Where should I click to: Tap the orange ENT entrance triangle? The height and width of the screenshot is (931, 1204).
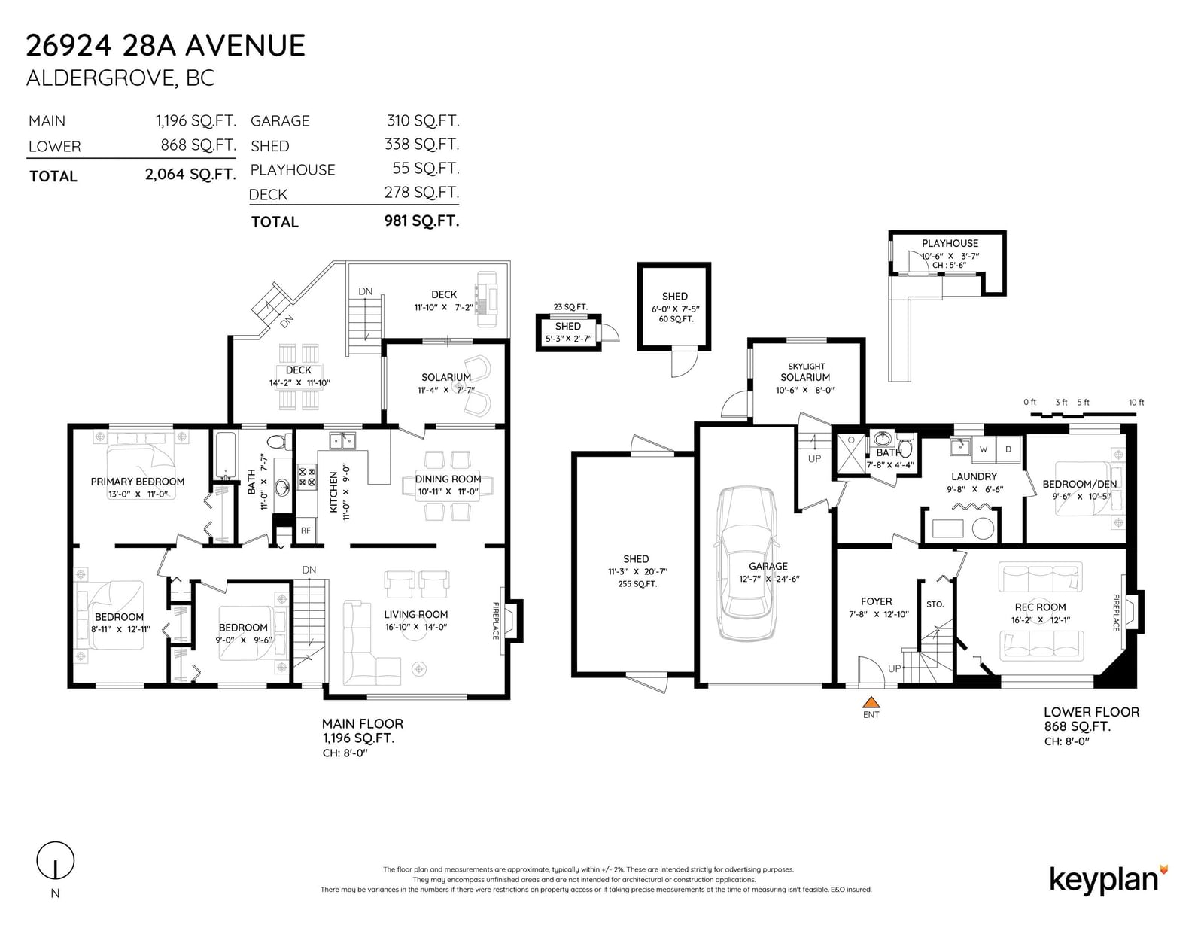pos(871,701)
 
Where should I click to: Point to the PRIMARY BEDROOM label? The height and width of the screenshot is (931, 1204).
pos(138,482)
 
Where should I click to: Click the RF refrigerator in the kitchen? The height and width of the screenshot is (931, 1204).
pos(306,531)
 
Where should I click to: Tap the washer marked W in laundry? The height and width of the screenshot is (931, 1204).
pos(984,449)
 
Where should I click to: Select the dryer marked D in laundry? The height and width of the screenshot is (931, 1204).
pos(1008,449)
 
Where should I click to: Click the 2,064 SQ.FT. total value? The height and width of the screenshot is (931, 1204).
pos(190,175)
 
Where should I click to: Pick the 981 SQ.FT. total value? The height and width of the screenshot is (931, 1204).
pos(421,221)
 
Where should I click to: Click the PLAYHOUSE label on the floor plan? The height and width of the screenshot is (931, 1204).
pos(950,243)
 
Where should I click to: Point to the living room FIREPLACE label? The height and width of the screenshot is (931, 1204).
pos(496,621)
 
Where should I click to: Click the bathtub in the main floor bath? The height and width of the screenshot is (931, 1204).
pos(225,455)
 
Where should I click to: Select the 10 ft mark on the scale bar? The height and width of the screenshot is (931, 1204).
pos(1136,403)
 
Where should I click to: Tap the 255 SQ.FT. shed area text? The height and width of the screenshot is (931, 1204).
pos(637,583)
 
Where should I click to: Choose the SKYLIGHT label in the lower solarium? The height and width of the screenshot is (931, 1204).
pos(806,367)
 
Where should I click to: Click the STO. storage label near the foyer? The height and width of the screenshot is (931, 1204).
pos(935,604)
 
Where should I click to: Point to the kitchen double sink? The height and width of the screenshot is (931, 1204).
pos(342,442)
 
